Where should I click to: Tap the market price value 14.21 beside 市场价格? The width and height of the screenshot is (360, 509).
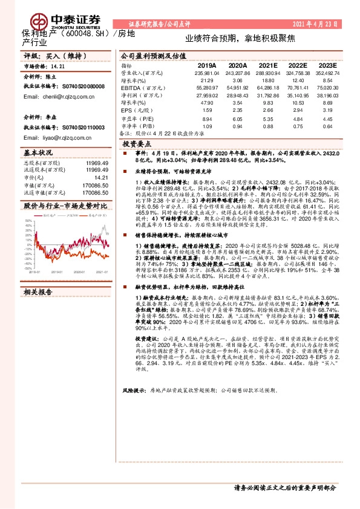(x=57, y=66)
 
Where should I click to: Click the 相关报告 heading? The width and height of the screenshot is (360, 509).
(x=38, y=292)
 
